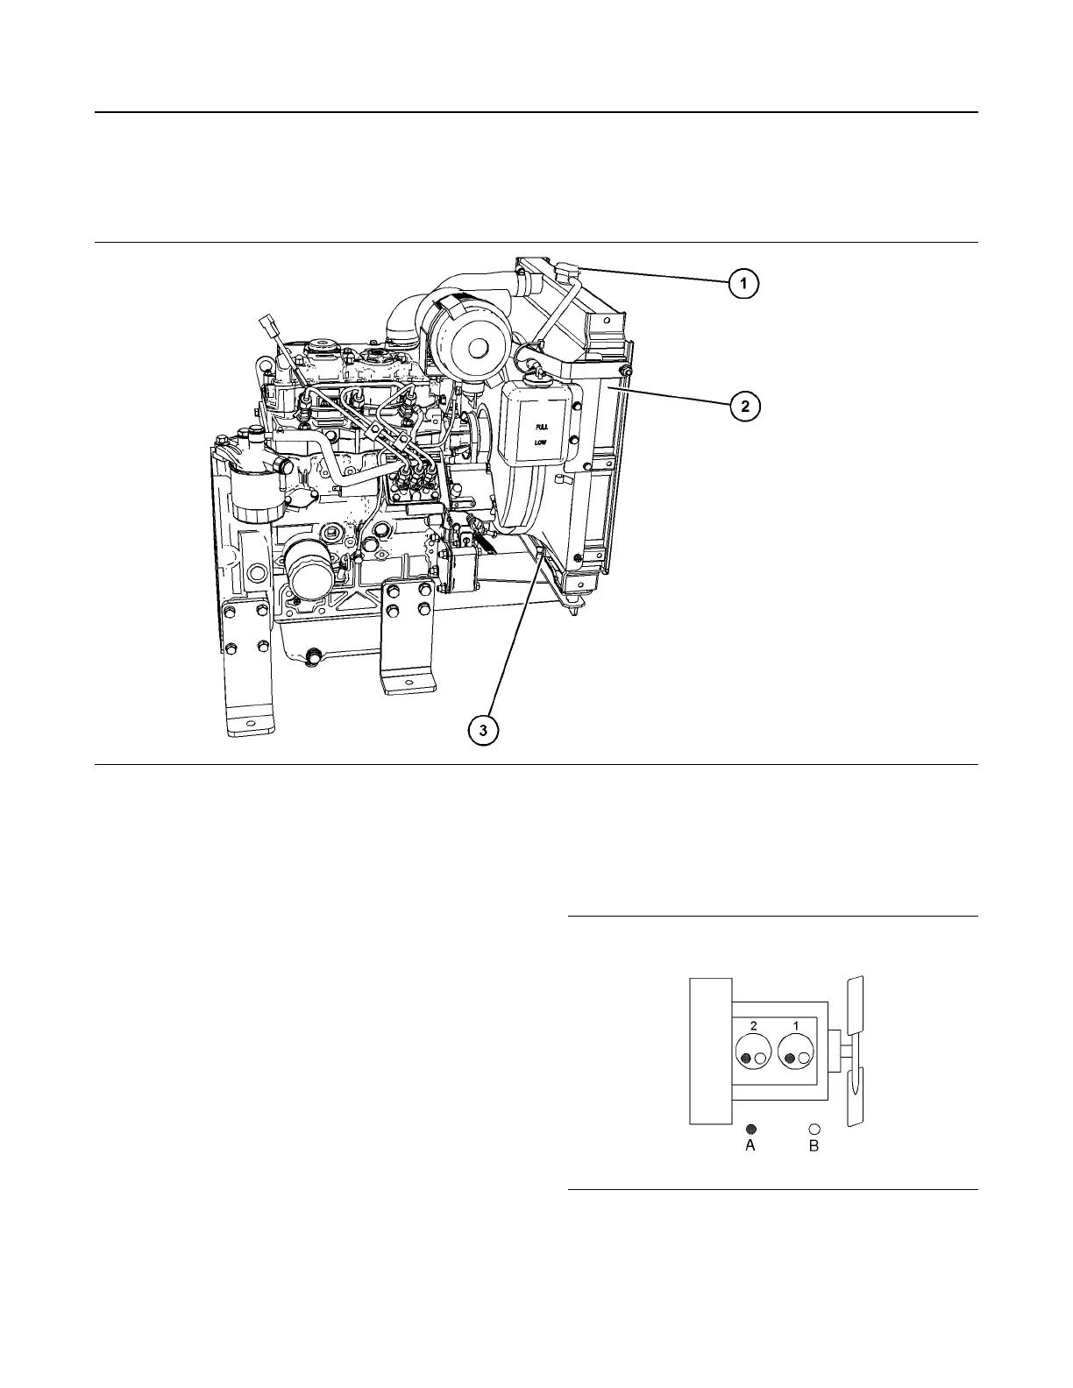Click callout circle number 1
pyautogui.click(x=743, y=284)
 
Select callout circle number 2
pyautogui.click(x=744, y=406)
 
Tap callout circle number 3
pyautogui.click(x=483, y=729)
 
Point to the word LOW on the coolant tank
pyautogui.click(x=541, y=443)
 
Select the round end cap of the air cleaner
pyautogui.click(x=477, y=348)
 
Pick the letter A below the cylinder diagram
pyautogui.click(x=750, y=1145)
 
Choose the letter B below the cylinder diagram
pyautogui.click(x=814, y=1145)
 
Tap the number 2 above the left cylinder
pyautogui.click(x=753, y=1025)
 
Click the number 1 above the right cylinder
pyautogui.click(x=796, y=1025)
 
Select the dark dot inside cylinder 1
pyautogui.click(x=790, y=1059)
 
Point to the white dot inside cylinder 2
pyautogui.click(x=760, y=1059)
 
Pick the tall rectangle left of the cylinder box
pyautogui.click(x=710, y=1050)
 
